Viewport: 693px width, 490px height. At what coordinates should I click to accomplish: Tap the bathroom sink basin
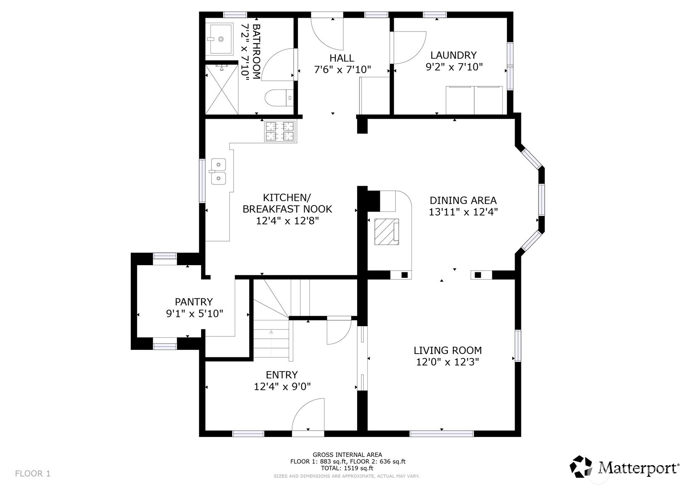click(220, 39)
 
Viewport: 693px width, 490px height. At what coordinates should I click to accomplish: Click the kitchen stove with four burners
click(280, 130)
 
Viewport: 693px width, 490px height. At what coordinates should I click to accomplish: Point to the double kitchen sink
click(218, 171)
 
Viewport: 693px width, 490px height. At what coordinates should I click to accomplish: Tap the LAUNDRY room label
click(453, 55)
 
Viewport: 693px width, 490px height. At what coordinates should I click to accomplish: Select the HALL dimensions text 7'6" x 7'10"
click(342, 69)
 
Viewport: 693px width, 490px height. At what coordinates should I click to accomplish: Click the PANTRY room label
click(194, 301)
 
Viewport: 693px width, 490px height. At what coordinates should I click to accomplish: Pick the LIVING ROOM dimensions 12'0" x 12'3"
click(447, 362)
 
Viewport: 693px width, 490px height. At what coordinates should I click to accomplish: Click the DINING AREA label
click(463, 200)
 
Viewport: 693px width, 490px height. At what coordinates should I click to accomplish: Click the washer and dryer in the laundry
click(474, 100)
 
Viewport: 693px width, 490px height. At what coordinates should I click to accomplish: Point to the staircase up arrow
click(271, 332)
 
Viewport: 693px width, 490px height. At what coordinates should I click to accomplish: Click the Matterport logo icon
click(581, 467)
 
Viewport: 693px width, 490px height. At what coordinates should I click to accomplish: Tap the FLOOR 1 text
click(33, 474)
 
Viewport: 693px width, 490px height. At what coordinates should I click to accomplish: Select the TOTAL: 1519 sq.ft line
click(347, 468)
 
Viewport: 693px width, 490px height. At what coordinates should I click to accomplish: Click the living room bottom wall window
click(441, 433)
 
